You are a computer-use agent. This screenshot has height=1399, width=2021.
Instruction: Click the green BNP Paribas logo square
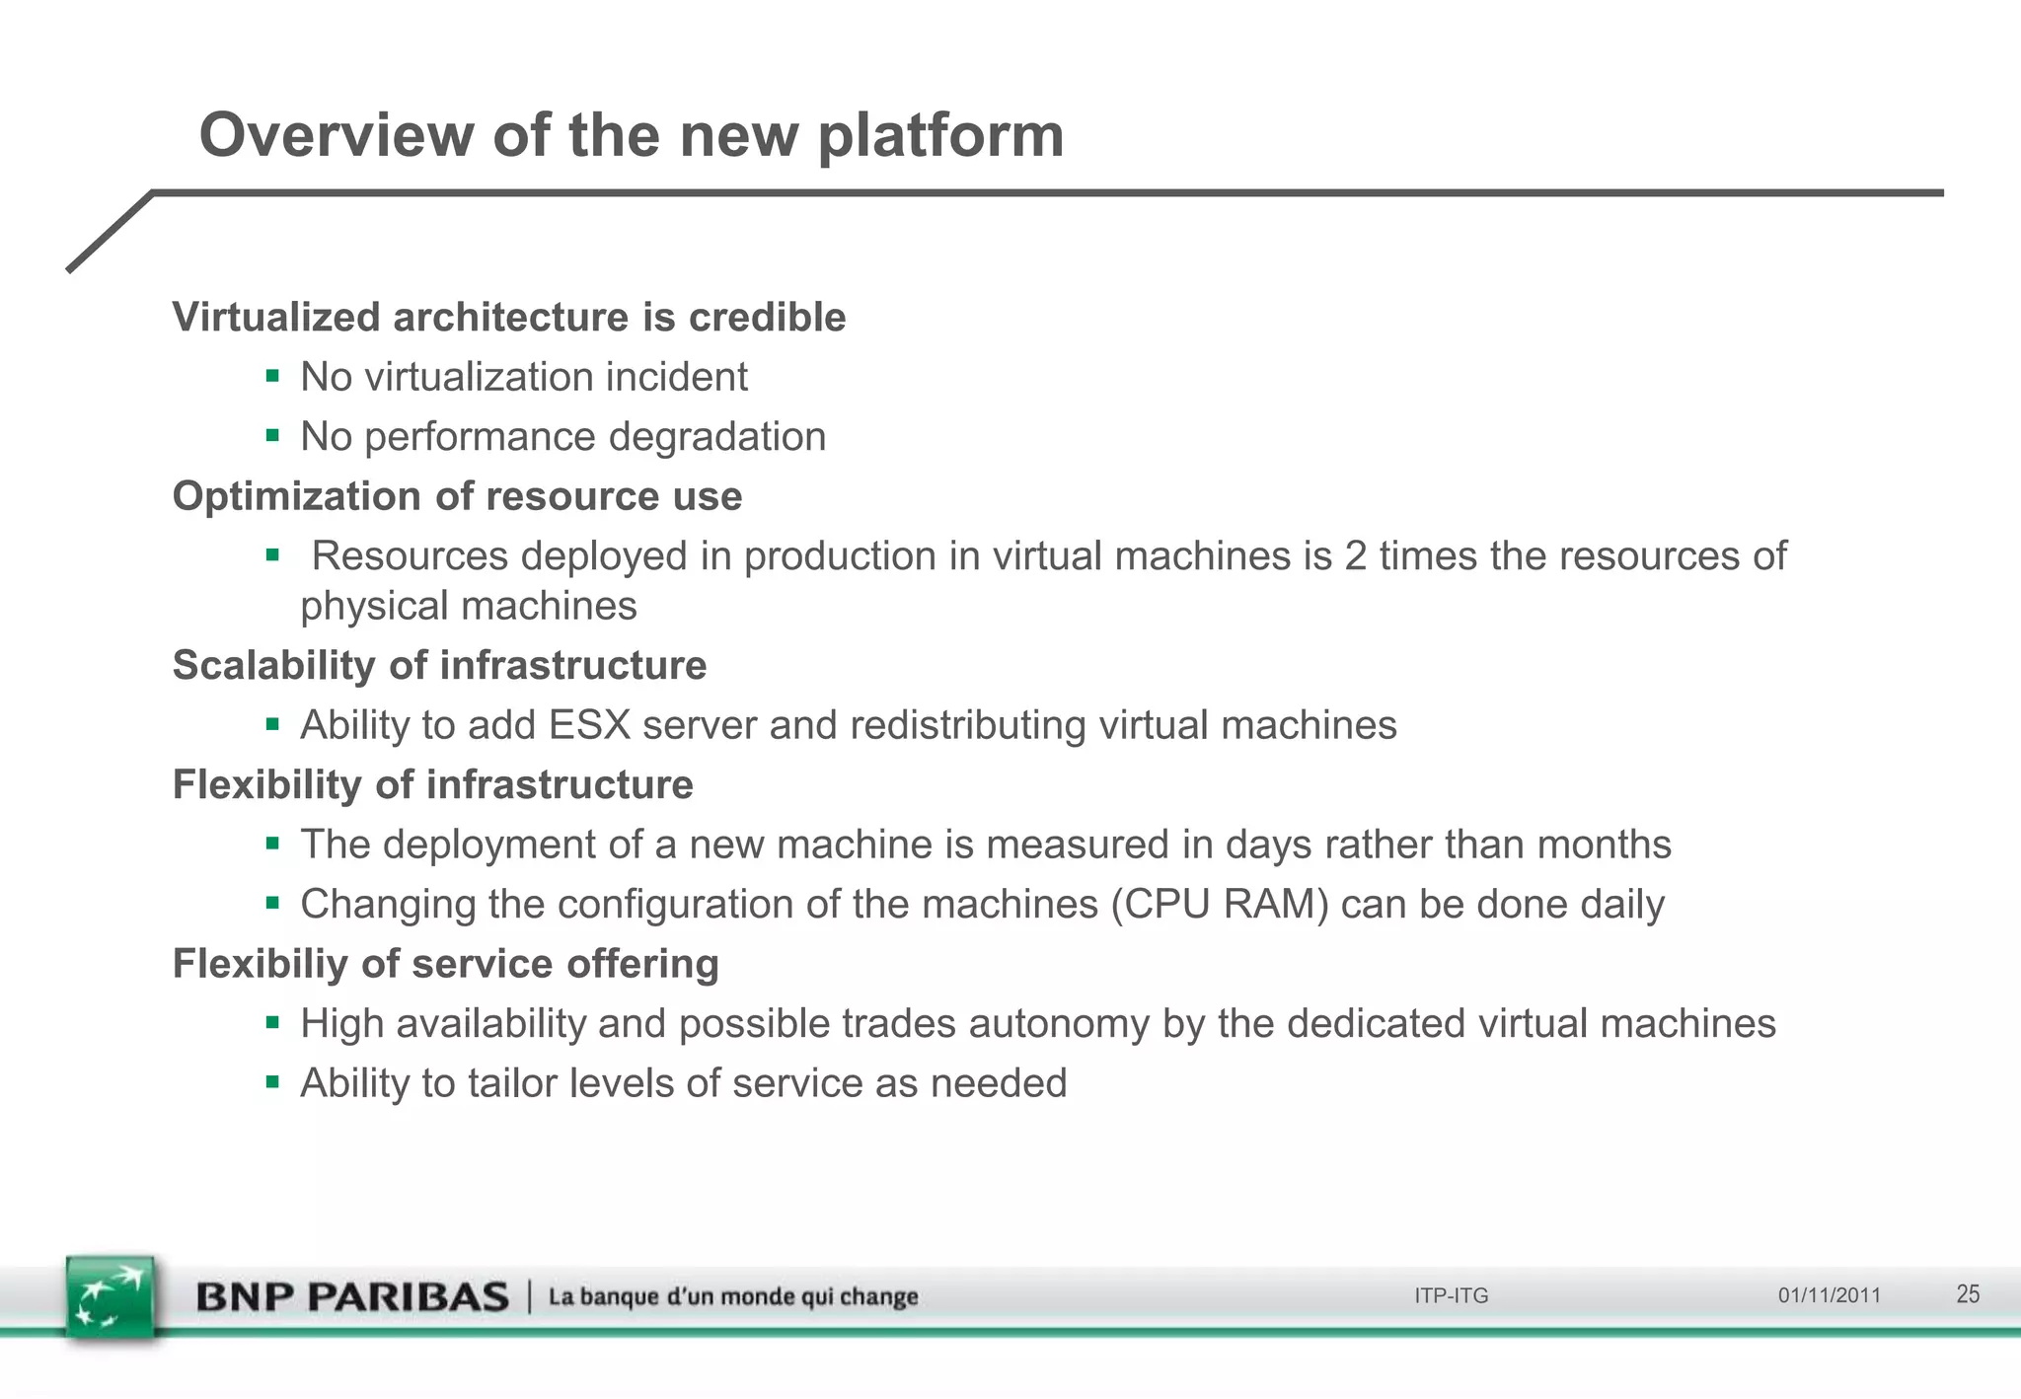pos(111,1297)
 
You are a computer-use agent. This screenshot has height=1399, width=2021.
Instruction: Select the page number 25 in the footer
pos(1968,1294)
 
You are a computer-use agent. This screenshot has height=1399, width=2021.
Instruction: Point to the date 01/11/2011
pos(1830,1295)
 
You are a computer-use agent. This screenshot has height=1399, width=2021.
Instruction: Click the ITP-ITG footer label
pos(1451,1295)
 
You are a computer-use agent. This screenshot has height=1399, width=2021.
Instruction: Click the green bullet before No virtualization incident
pos(273,375)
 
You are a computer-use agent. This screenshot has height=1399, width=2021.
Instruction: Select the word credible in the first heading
pos(767,318)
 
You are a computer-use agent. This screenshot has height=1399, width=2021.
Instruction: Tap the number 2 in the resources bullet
pos(1355,556)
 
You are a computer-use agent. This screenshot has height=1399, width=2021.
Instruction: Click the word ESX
pos(589,725)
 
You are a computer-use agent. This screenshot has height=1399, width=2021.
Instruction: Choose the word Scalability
pos(273,665)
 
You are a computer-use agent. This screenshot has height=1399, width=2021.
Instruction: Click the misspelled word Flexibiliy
pos(260,964)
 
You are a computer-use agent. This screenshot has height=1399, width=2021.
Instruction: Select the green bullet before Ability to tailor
pos(273,1082)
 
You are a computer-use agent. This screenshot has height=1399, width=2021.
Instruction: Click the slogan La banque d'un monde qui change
pos(733,1296)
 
